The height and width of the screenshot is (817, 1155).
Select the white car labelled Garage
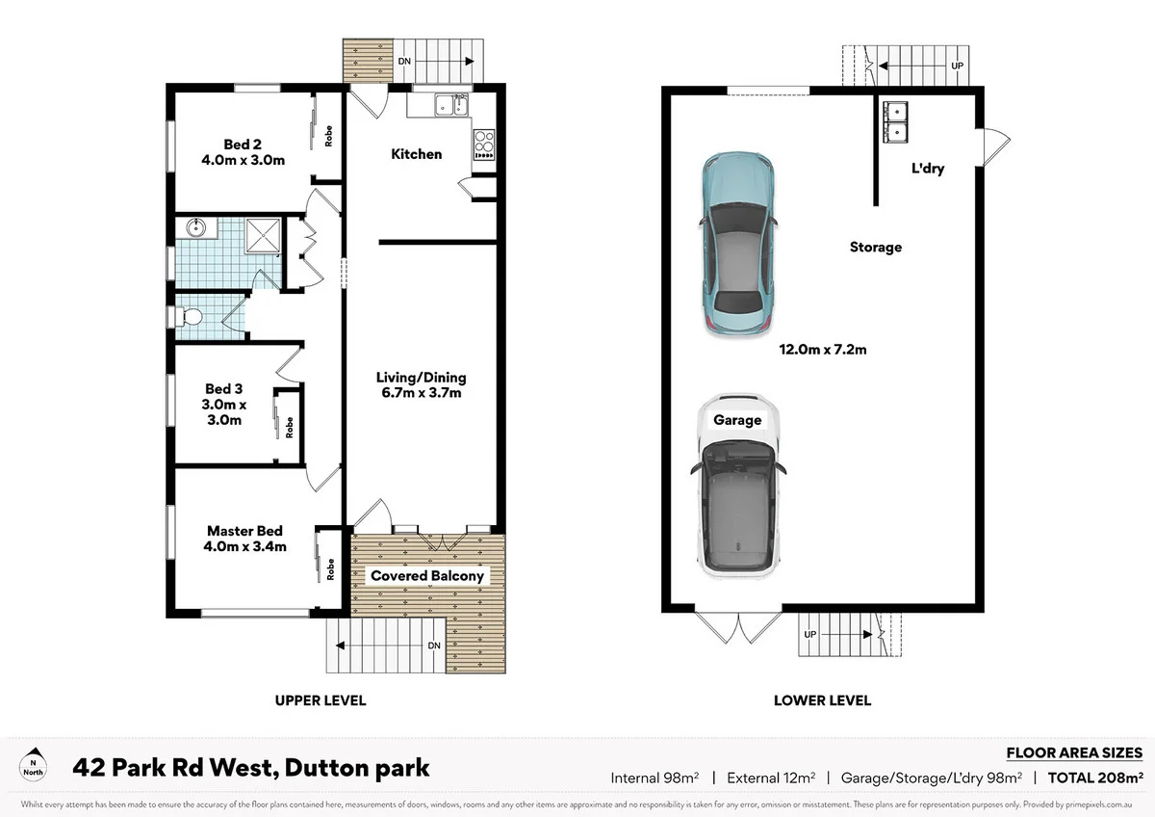tap(737, 487)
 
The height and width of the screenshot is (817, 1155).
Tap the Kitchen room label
tap(417, 154)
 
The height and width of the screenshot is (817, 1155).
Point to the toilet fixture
tap(188, 316)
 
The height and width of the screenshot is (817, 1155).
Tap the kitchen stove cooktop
tap(483, 144)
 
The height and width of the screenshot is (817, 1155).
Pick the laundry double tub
tap(896, 120)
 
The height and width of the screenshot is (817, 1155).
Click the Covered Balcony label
tap(428, 576)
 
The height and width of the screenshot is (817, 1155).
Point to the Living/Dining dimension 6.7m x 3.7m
tap(420, 392)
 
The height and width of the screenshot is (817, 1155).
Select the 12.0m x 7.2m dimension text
tap(823, 350)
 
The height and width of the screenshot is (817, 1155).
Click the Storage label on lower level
tap(875, 248)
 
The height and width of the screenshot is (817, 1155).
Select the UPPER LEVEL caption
tap(321, 700)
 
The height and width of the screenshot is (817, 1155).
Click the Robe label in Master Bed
tap(329, 570)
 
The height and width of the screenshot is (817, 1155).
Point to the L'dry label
tap(928, 169)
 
